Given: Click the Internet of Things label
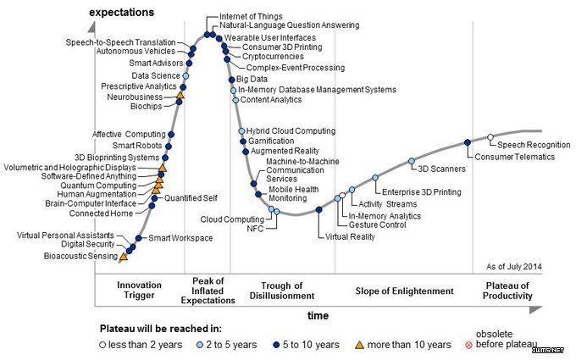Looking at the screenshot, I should click(x=252, y=16).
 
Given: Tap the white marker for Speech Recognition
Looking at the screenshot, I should click(x=490, y=136).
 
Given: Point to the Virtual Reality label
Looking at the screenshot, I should click(x=350, y=236).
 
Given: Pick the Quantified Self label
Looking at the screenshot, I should click(x=191, y=198).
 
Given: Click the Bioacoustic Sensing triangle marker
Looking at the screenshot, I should click(x=124, y=255).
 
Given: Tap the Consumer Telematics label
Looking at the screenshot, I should click(x=515, y=157).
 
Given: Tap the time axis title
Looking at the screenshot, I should click(x=318, y=314).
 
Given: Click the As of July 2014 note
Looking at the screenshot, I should click(x=515, y=267).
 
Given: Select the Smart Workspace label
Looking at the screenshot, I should click(x=180, y=239).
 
